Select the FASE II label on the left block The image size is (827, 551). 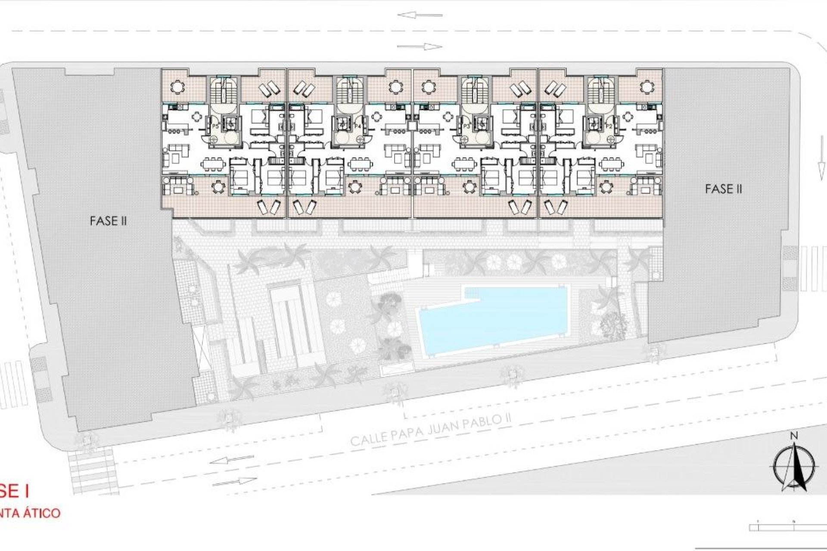point(108,221)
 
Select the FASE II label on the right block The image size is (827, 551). point(724,189)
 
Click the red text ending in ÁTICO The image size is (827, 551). point(30,513)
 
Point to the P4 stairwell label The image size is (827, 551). point(357,126)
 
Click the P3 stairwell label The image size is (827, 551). point(466,126)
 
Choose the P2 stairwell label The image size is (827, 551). point(609,126)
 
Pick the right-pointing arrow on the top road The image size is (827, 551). point(420,46)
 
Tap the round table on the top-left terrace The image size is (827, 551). point(177,87)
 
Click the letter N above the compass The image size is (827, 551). point(793,436)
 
